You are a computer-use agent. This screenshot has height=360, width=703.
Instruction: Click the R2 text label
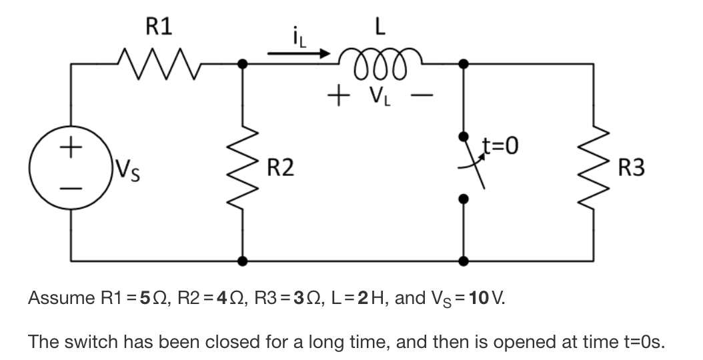(280, 167)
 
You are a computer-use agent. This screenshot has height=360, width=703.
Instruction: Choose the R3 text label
(631, 167)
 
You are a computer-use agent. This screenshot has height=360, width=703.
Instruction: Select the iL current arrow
(300, 51)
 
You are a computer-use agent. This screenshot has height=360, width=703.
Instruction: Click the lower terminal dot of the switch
(465, 198)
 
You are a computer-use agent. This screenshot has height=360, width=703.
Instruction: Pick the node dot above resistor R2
(242, 64)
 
